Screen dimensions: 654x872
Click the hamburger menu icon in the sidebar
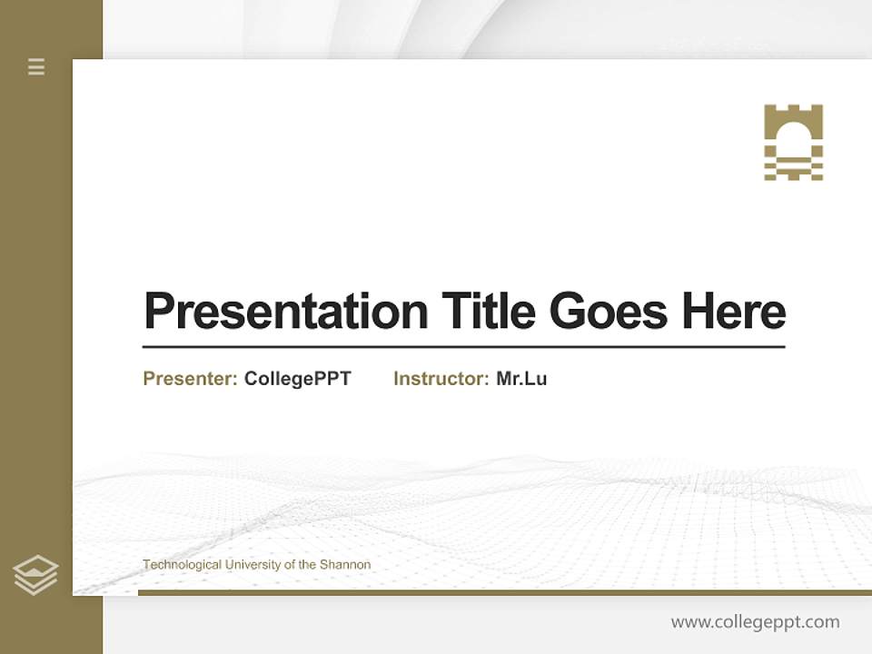[36, 66]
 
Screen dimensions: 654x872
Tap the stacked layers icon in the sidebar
[35, 575]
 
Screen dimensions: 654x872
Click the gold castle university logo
[793, 142]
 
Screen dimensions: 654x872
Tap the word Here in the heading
[734, 311]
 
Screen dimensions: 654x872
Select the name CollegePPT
[297, 379]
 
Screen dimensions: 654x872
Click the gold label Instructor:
[441, 379]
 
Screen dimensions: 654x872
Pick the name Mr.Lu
[521, 379]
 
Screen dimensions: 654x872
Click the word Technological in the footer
[182, 565]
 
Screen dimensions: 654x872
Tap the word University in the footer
[253, 565]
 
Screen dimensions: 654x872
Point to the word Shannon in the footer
[345, 565]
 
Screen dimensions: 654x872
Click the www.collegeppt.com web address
[755, 622]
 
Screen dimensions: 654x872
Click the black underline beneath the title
[463, 346]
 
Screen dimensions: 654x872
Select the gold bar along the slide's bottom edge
[504, 592]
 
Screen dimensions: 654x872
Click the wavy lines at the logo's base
[793, 168]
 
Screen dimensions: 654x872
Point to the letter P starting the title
[159, 312]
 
